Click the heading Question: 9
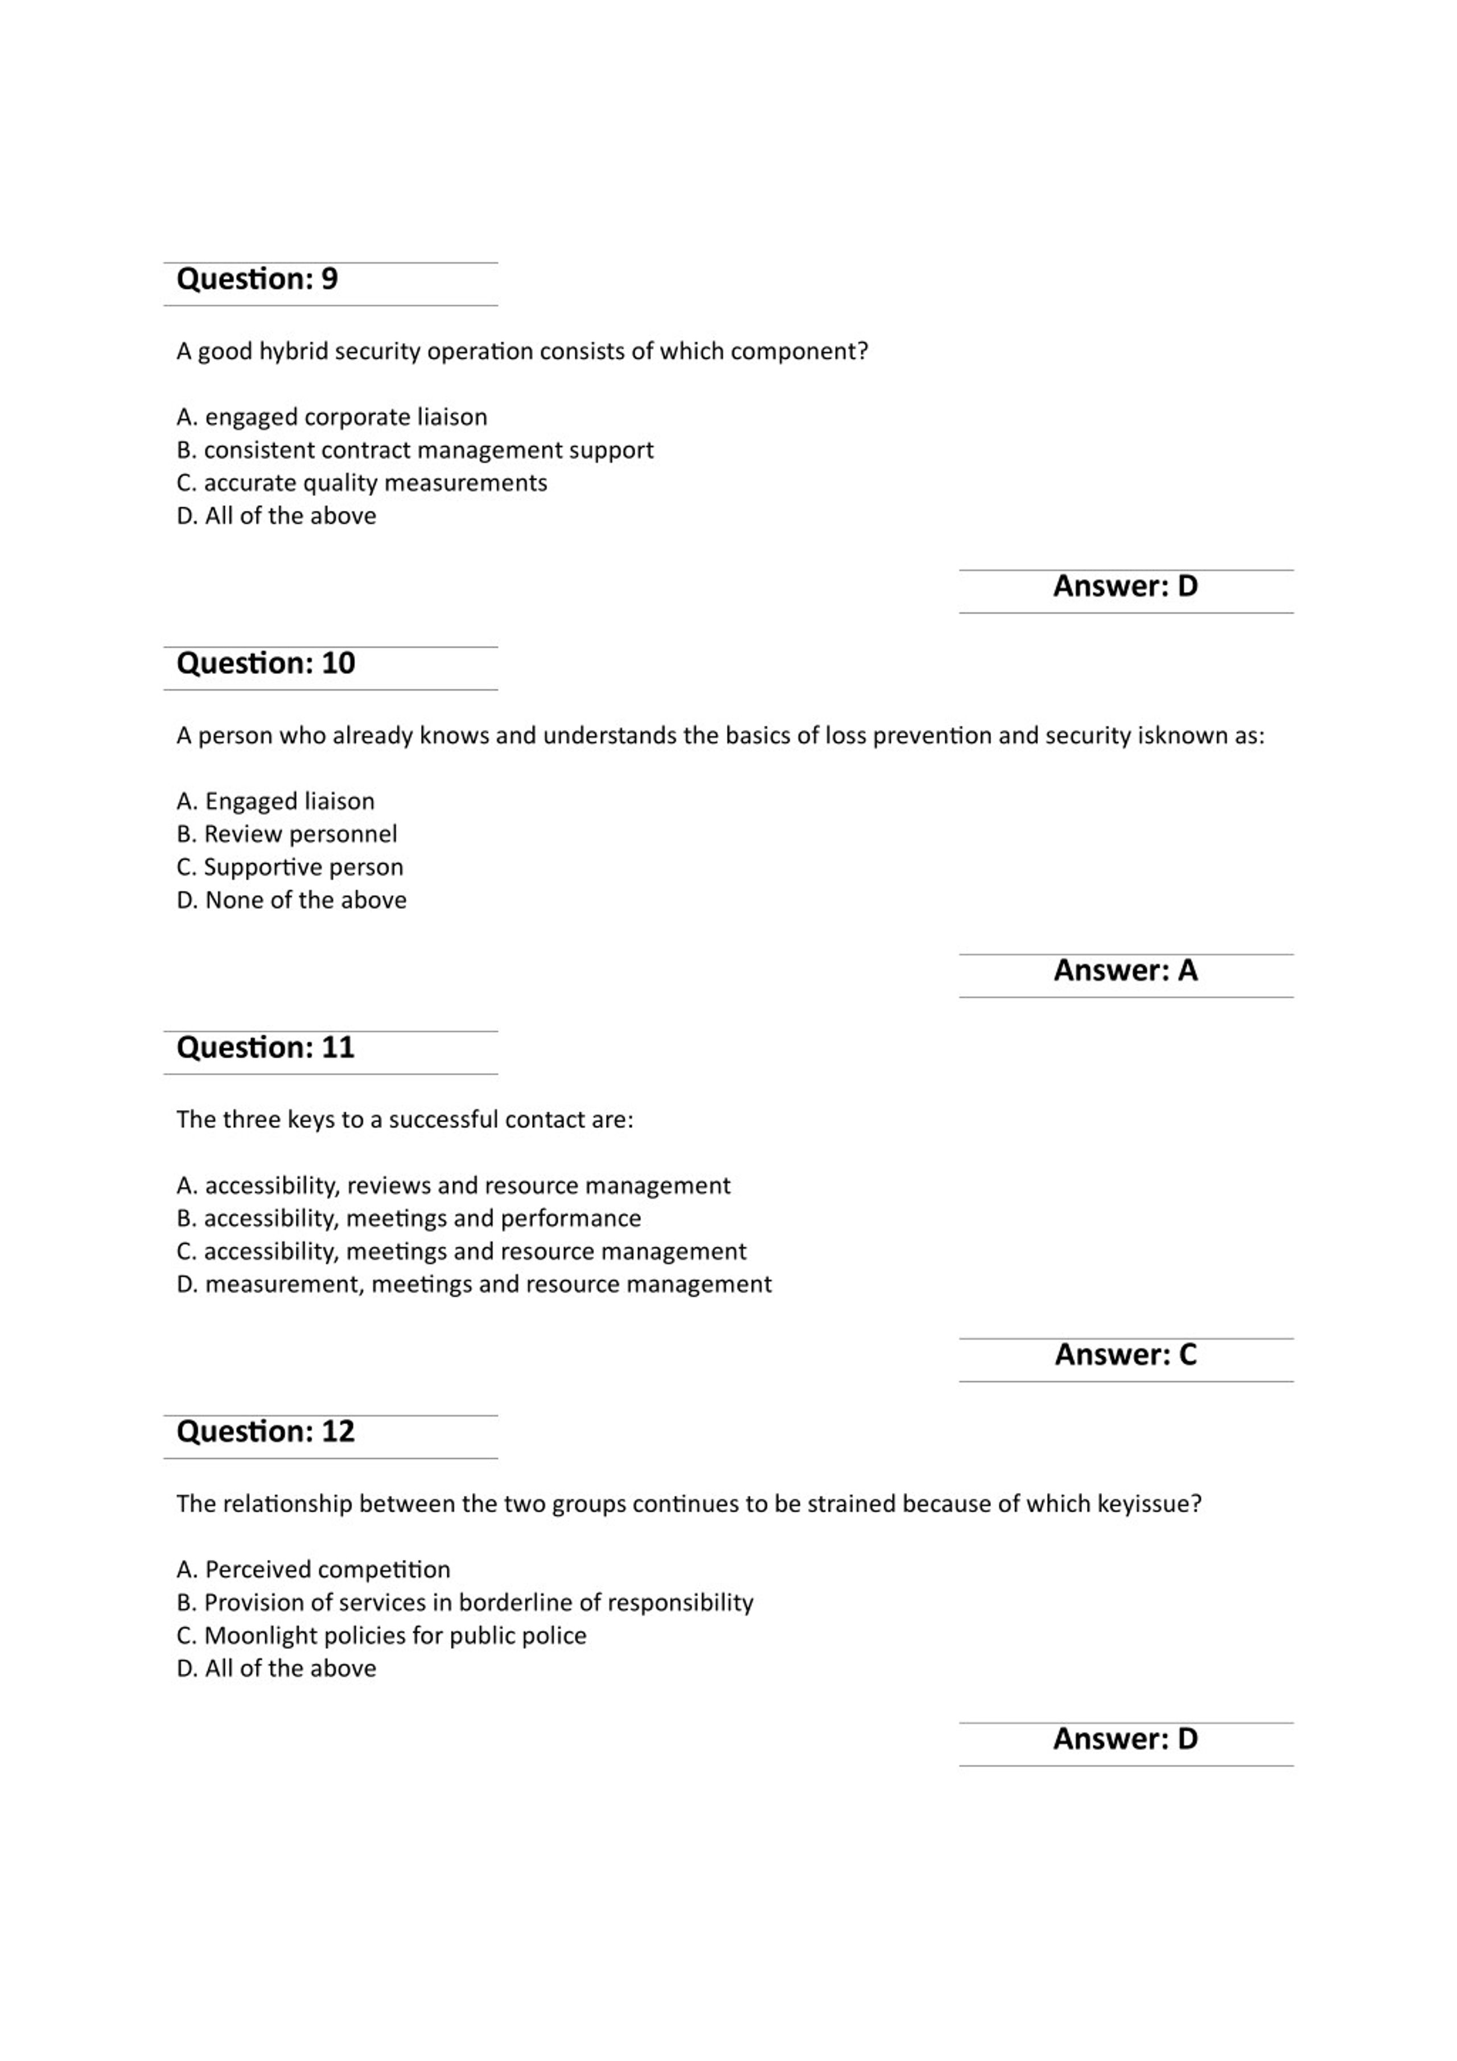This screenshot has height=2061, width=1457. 257,279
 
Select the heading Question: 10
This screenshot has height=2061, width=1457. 266,663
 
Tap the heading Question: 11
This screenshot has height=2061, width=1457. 266,1048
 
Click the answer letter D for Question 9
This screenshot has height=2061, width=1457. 1187,586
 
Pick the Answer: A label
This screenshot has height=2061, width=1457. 1125,970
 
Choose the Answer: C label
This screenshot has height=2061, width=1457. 1125,1354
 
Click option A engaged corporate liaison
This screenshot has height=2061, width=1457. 332,417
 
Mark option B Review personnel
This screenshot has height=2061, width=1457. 286,835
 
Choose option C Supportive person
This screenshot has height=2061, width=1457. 290,867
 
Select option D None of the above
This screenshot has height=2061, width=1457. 291,900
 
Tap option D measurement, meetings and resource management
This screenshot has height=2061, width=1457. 474,1284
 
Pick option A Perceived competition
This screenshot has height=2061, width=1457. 313,1570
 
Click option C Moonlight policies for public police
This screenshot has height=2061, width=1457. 381,1636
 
